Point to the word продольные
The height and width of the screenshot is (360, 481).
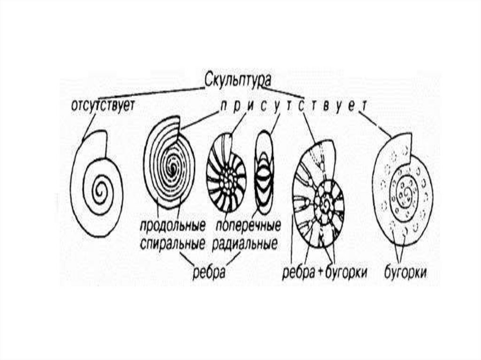click(172, 226)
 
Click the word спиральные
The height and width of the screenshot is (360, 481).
click(172, 244)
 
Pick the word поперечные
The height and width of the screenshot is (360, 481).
click(247, 226)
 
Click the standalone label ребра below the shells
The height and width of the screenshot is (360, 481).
click(209, 272)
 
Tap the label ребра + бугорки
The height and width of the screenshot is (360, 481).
click(324, 272)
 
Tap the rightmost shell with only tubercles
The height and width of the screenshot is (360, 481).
click(402, 188)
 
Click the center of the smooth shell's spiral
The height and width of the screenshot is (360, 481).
click(100, 190)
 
